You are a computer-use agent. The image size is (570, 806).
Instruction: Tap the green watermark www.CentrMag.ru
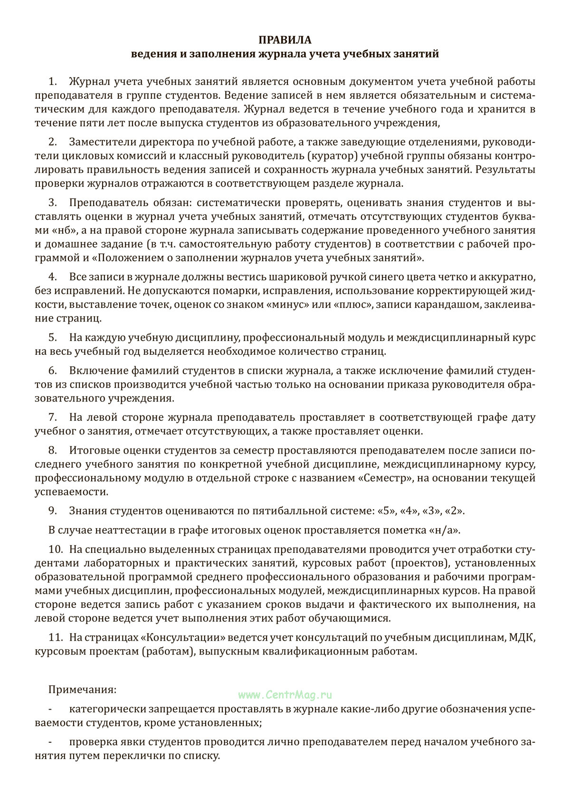coord(285,695)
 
